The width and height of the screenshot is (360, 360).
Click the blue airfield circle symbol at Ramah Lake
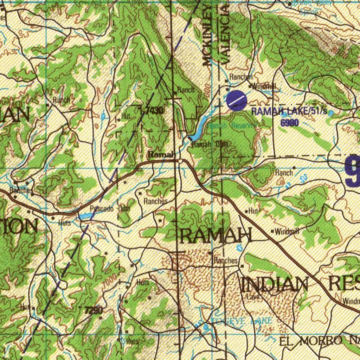pos(236,100)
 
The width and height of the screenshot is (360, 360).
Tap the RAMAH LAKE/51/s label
pos(289,112)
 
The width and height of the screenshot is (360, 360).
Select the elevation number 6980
pos(290,122)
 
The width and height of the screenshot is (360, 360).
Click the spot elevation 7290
pos(94,310)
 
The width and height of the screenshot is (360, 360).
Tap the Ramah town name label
pos(161,154)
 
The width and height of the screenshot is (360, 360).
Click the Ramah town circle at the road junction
pos(180,161)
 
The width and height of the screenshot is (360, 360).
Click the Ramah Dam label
pos(210,144)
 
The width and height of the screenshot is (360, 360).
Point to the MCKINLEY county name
pos(207,35)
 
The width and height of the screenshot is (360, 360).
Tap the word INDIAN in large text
pos(275,284)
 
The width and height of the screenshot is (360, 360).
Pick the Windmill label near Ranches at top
pos(264,86)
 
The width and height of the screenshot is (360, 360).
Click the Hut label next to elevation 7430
pos(126,116)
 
